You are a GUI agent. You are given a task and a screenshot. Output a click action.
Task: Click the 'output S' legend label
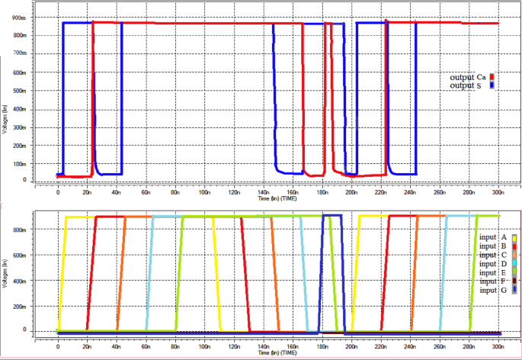click(x=466, y=85)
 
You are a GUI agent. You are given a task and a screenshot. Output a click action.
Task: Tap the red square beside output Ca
click(x=493, y=77)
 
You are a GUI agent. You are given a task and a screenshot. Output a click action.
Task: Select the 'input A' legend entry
click(x=492, y=237)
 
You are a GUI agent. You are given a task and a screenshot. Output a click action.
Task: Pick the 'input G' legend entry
click(x=492, y=291)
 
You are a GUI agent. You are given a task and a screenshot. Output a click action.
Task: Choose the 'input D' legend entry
click(x=492, y=264)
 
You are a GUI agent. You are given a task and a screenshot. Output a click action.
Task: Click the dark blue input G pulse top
click(x=333, y=216)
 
